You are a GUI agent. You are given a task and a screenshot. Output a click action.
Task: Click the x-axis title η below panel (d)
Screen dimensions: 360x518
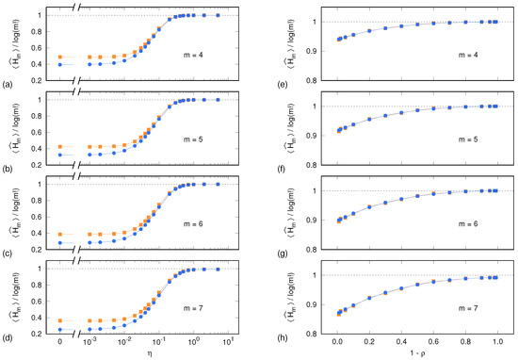click(138, 353)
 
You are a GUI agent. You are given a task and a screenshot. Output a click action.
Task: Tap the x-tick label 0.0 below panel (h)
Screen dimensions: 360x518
click(337, 342)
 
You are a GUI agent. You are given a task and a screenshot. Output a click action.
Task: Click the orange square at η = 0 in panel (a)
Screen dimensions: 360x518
click(61, 57)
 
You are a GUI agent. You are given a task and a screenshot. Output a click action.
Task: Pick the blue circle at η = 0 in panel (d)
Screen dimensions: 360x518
click(61, 330)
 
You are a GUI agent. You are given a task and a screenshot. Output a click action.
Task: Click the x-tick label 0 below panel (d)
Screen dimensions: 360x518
click(61, 342)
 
